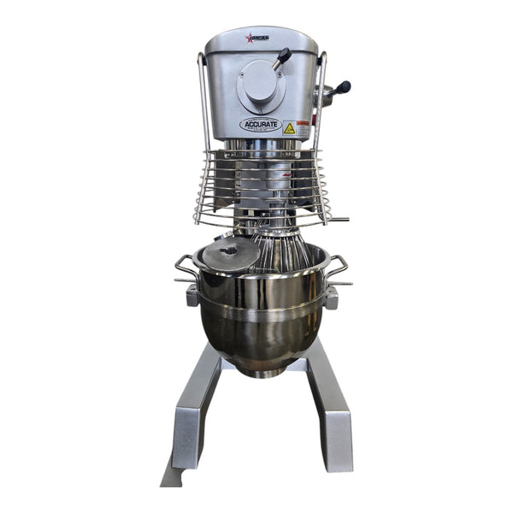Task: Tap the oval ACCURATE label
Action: point(261,125)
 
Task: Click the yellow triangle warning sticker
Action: point(289,128)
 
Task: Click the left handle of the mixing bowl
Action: point(185,268)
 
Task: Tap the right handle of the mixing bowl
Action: point(339,268)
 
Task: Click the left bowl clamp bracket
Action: point(192,297)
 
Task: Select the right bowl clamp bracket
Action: point(331,297)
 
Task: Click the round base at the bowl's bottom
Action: point(261,369)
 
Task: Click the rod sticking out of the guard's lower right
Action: point(338,220)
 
